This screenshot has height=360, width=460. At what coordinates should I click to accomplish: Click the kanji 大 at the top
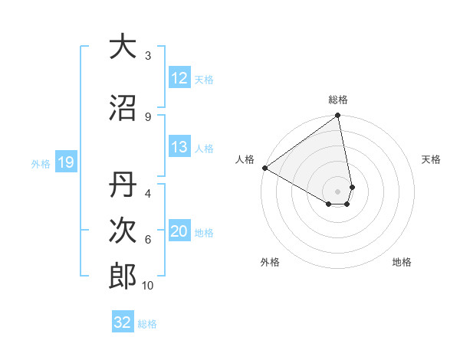(123, 47)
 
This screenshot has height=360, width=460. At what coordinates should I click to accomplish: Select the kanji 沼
(123, 108)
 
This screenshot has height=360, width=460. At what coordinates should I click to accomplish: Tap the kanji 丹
(123, 185)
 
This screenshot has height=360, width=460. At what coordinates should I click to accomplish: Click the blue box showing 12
(179, 79)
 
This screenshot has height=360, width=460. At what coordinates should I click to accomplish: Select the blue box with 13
(179, 148)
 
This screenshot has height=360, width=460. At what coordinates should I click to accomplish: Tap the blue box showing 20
(179, 232)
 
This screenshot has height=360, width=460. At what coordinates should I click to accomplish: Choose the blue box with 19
(65, 162)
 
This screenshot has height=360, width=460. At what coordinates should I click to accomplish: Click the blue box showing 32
(123, 322)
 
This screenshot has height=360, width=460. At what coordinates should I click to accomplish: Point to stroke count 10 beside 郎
(148, 286)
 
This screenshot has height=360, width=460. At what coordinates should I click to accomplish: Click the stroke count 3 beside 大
(148, 55)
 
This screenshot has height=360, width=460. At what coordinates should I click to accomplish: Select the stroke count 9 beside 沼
(148, 116)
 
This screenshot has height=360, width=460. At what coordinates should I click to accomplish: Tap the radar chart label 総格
(338, 100)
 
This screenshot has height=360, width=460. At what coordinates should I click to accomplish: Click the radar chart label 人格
(245, 159)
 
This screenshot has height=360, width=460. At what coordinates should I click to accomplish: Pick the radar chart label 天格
(431, 159)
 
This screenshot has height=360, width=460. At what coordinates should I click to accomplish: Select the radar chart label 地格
(402, 262)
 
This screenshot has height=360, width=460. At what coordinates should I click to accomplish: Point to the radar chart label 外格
(270, 262)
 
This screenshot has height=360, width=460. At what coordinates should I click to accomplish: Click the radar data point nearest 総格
(337, 116)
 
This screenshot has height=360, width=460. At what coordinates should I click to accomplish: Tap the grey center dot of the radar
(338, 191)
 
